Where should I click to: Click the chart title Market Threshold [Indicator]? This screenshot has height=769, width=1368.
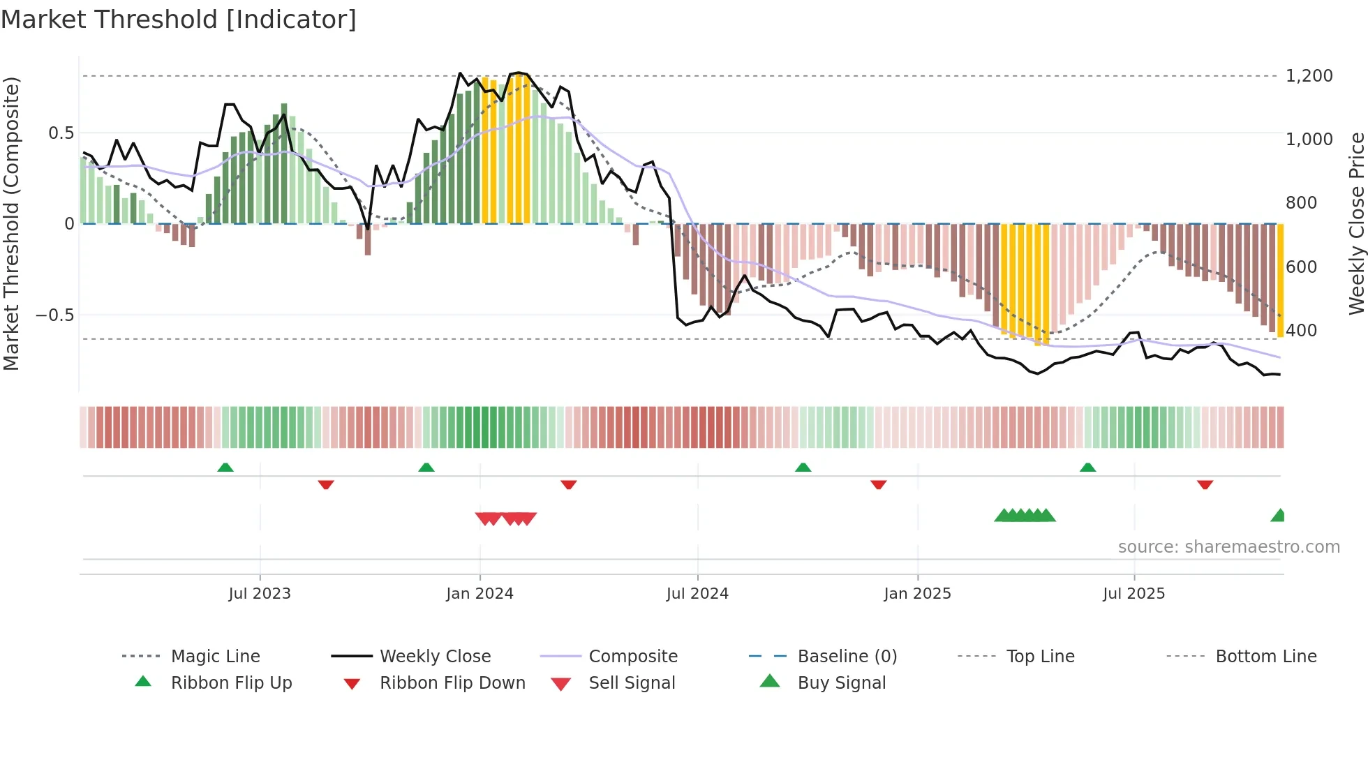[x=179, y=19]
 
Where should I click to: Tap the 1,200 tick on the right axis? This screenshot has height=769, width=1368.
[x=1309, y=75]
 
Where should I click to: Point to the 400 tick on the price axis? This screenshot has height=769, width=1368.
[x=1301, y=330]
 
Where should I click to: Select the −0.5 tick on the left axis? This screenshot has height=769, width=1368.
[x=54, y=315]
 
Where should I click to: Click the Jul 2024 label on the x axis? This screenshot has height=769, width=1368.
[x=697, y=593]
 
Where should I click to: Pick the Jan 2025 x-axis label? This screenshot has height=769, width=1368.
[x=916, y=593]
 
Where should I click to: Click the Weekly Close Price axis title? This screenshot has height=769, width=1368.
[x=1355, y=223]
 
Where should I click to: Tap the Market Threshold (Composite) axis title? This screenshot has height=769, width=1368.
[x=11, y=223]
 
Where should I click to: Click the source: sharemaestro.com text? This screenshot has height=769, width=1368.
[x=1228, y=546]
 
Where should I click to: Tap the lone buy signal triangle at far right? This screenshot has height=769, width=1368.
[x=1278, y=516]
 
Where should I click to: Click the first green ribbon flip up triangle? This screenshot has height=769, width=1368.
[x=225, y=468]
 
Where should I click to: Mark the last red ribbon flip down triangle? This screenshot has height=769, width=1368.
[x=1205, y=484]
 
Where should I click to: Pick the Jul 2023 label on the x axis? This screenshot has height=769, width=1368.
[x=259, y=593]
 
